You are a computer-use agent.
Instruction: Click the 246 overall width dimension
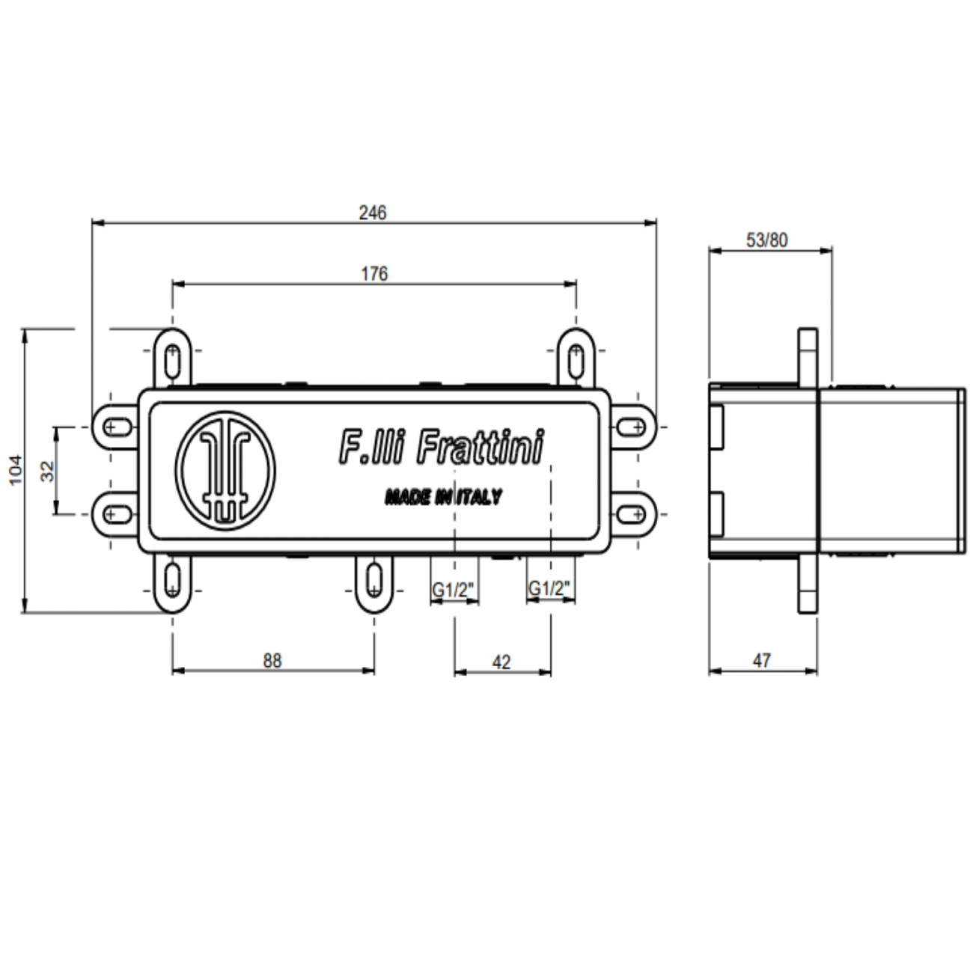[x=372, y=213]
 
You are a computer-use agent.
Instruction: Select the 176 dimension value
[x=374, y=274]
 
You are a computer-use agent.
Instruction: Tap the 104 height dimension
[x=16, y=470]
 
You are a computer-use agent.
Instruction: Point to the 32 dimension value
[x=47, y=470]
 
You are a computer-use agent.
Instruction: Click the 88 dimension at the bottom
[x=272, y=661]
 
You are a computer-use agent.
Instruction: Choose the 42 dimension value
[x=501, y=662]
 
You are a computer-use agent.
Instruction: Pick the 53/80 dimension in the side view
[x=767, y=240]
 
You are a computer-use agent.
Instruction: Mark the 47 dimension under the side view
[x=761, y=661]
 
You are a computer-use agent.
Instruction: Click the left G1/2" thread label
[x=454, y=591]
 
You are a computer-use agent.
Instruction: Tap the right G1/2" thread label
[x=551, y=590]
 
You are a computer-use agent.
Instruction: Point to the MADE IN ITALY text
[x=443, y=497]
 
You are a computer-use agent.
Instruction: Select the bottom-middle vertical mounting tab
[x=373, y=581]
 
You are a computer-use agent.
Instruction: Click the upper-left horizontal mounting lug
[x=114, y=427]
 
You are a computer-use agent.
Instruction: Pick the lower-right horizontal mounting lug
[x=635, y=513]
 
